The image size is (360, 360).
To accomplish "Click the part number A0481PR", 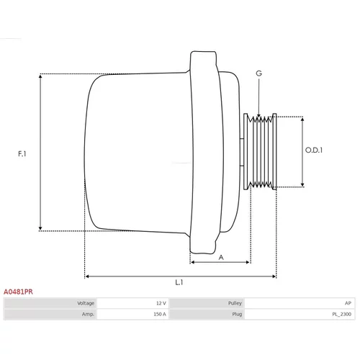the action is point(18,292).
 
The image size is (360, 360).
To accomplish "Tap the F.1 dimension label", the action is point(22,153).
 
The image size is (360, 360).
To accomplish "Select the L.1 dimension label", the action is point(179,282).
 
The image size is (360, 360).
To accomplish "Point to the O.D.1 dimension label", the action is point(314,150).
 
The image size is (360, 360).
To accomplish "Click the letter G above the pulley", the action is point(258,73).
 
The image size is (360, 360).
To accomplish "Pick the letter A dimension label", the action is point(221,258).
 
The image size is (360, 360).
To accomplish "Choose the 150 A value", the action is point(160,314).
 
